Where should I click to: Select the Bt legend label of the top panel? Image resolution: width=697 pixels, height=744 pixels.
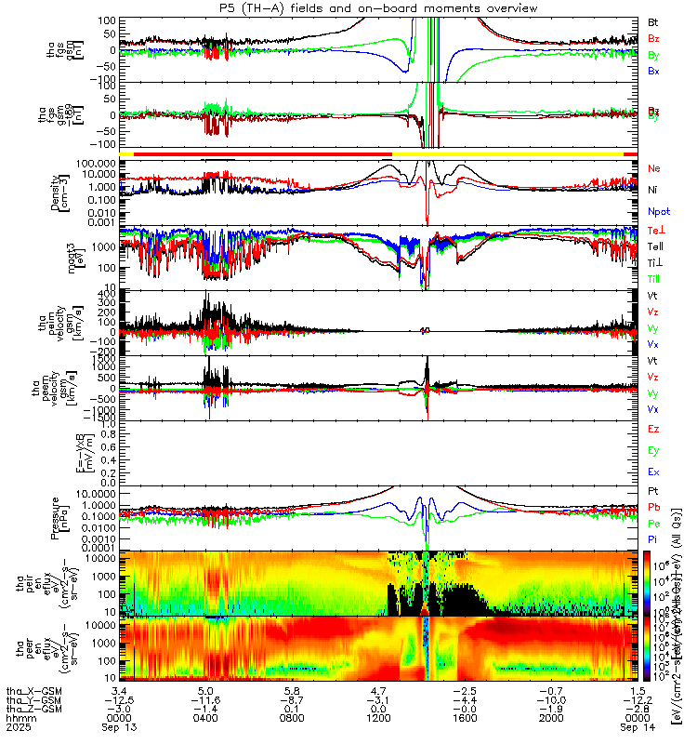[x=653, y=21]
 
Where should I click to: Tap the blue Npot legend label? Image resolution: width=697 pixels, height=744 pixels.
[x=658, y=212]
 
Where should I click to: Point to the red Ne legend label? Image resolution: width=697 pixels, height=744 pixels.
[x=653, y=168]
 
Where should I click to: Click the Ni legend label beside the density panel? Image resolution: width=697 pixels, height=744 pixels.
[x=652, y=190]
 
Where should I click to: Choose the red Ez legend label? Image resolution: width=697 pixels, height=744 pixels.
[x=653, y=429]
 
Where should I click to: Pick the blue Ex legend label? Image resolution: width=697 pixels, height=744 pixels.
[x=653, y=472]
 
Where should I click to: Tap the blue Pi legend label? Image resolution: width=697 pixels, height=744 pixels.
[x=652, y=539]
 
